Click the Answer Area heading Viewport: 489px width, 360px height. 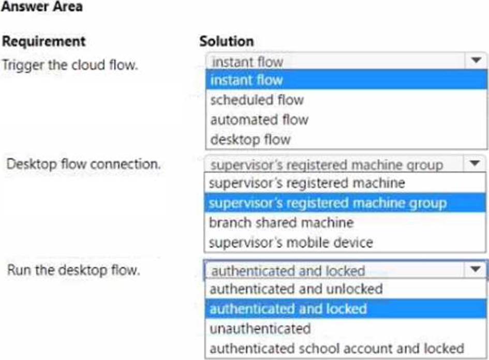(42, 6)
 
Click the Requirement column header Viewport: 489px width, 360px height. (43, 41)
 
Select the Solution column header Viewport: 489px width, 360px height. (227, 41)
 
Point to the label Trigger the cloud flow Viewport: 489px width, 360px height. (70, 65)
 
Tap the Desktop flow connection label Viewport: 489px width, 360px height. (84, 164)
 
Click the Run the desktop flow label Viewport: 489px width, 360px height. (73, 270)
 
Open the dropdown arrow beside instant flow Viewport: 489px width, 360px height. (476, 60)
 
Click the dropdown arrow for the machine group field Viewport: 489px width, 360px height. (475, 163)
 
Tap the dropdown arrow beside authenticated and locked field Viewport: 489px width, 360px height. (475, 269)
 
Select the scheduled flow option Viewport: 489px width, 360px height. (257, 100)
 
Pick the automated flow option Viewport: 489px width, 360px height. (259, 120)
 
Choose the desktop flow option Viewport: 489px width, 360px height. (250, 139)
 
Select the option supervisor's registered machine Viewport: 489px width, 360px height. (307, 183)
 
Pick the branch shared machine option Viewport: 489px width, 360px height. (281, 223)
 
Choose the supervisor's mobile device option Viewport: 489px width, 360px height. (291, 242)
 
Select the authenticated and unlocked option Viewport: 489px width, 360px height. (297, 289)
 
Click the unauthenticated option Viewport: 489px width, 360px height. (260, 328)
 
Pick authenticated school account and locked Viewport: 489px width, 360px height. (337, 349)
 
